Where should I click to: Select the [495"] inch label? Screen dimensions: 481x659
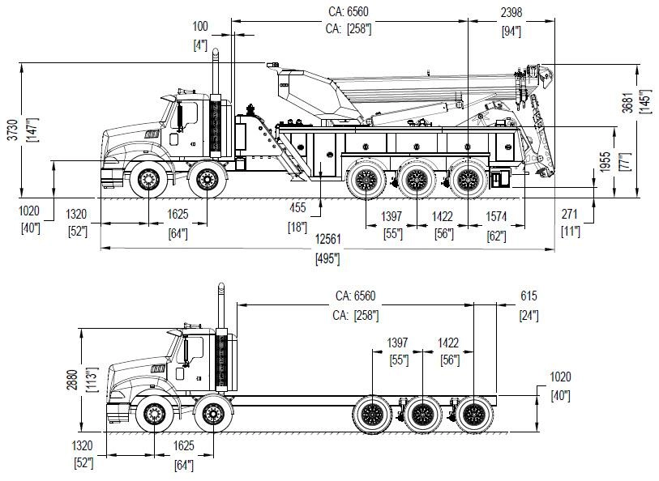327,259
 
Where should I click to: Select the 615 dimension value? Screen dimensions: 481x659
528,297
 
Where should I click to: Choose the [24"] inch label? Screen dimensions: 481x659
528,315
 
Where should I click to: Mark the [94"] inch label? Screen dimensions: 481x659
511,32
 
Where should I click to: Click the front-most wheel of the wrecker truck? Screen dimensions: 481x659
147,178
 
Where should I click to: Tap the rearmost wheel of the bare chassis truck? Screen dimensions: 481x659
473,415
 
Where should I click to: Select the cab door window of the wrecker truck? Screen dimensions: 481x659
189,115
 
